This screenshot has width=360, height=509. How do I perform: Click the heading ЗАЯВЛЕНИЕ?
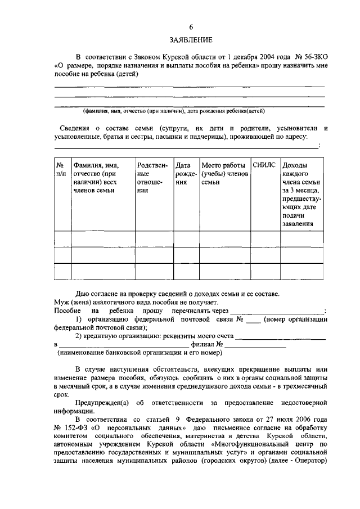(x=191, y=40)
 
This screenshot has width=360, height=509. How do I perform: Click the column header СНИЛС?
(x=264, y=165)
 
